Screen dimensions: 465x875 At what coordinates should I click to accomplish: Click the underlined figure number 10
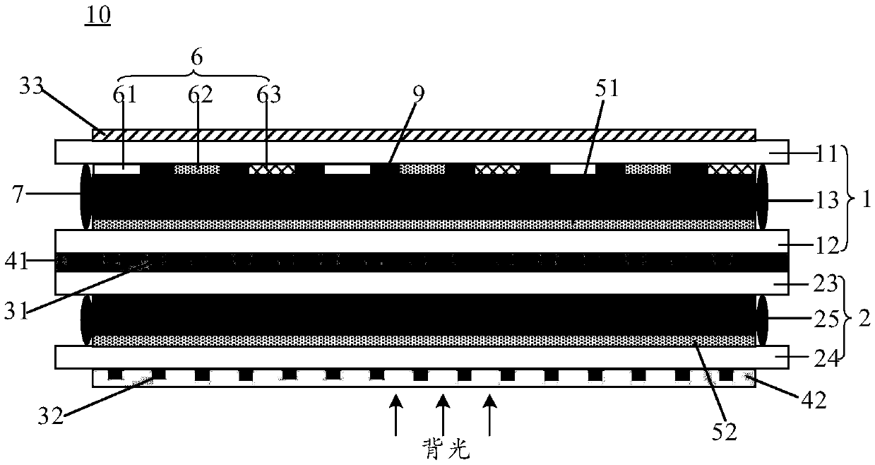[x=98, y=16]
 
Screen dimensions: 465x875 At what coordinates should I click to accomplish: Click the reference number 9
[x=419, y=93]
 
